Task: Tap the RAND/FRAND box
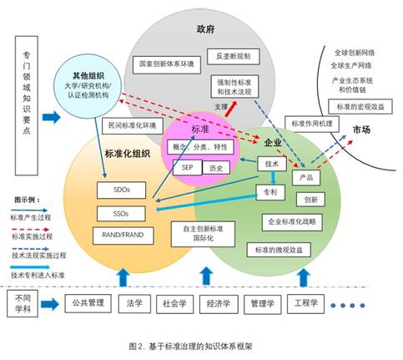point(120,236)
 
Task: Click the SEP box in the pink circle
point(187,167)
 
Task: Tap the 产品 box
point(305,177)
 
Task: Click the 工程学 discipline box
point(310,302)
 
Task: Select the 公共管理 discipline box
point(87,302)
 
